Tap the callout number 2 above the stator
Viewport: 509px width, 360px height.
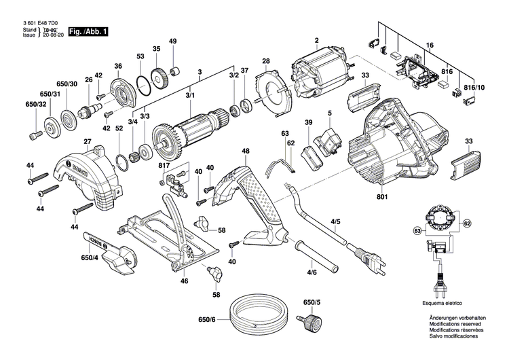[316, 40]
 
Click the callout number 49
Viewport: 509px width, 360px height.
[172, 42]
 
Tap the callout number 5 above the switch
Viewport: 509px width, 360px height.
[329, 113]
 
